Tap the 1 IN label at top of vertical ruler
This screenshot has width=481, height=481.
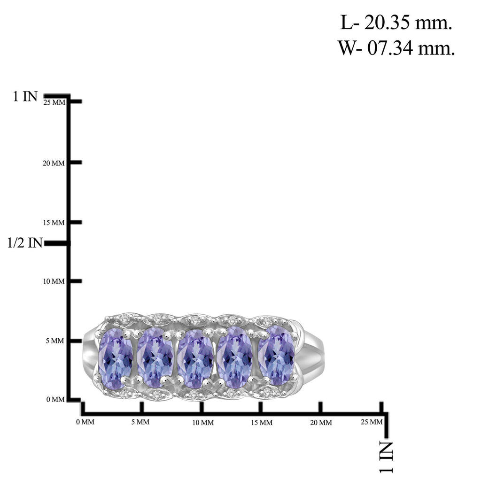click(25, 96)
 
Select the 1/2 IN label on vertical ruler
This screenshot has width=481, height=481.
click(25, 243)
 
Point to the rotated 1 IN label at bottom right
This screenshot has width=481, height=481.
click(387, 457)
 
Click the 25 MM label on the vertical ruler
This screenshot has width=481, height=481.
click(54, 102)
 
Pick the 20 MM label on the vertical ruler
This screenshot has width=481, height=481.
click(54, 163)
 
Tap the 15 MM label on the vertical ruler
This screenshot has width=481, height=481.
click(54, 223)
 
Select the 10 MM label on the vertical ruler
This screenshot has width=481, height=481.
click(54, 281)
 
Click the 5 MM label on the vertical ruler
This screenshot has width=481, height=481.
click(55, 341)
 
